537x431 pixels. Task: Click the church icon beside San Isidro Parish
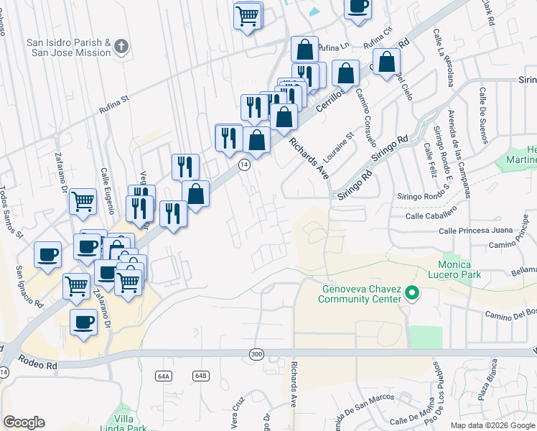pos(121,47)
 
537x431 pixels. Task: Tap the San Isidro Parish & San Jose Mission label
pos(69,47)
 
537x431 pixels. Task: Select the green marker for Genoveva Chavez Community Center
pos(412,293)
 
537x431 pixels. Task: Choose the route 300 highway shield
pos(256,354)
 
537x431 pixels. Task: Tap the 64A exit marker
pos(164,376)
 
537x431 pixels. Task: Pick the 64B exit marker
pos(200,376)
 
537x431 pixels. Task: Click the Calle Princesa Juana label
pos(476,231)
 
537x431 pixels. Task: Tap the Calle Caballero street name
pos(431,215)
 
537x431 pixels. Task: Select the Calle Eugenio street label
pos(108,191)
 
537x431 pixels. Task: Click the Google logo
pos(24,422)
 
